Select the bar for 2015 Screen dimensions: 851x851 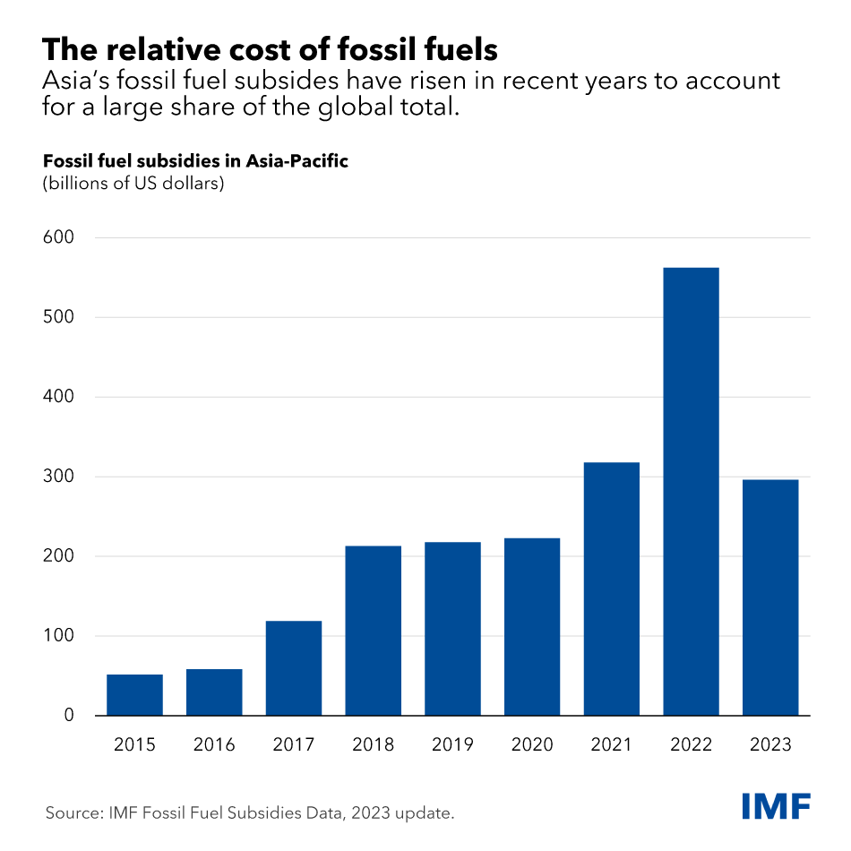point(134,694)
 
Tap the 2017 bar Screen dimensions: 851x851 point(294,667)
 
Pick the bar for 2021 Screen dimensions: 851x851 point(611,589)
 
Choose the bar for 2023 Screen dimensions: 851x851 point(770,597)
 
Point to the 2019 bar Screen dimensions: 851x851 point(452,628)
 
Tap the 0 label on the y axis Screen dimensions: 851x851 point(68,716)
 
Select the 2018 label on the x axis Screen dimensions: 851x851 point(374,745)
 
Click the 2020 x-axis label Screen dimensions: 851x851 point(532,745)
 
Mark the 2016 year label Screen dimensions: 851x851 point(214,745)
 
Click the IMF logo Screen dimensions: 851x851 point(776,805)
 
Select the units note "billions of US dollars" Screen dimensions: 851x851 point(133,185)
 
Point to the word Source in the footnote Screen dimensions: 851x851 point(73,813)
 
